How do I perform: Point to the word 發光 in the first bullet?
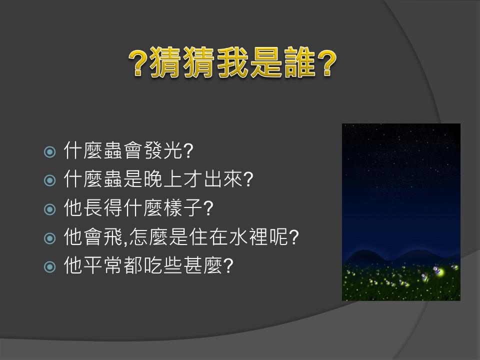(x=163, y=150)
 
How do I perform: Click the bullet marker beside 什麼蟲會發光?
(x=50, y=151)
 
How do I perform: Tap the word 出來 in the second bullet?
(x=223, y=179)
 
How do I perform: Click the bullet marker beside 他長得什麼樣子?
(x=50, y=209)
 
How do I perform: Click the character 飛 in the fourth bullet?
(x=113, y=236)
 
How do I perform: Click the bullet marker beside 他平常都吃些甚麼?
(x=50, y=267)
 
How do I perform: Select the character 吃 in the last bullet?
(x=153, y=265)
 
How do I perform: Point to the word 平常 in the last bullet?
(x=103, y=265)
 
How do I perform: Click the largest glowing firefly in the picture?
(x=439, y=270)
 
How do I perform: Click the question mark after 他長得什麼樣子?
(x=208, y=208)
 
